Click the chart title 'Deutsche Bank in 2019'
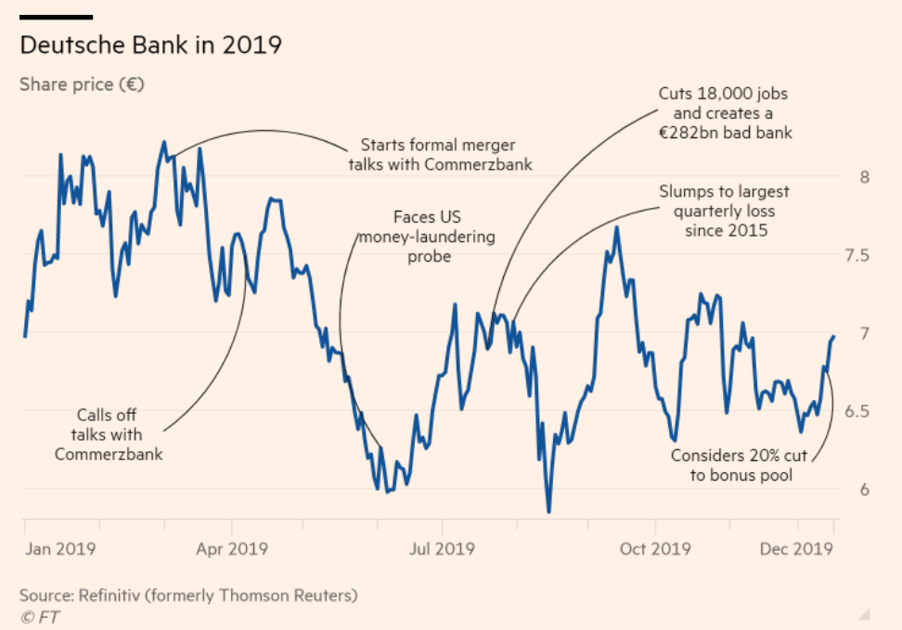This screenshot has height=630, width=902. [150, 45]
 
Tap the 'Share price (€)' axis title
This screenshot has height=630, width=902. [82, 84]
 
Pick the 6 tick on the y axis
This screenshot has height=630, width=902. [864, 489]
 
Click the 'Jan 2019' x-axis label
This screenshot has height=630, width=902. [62, 548]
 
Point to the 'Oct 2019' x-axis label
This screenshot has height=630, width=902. [655, 548]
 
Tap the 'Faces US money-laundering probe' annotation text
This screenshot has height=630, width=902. [428, 236]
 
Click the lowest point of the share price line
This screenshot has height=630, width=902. [548, 511]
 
